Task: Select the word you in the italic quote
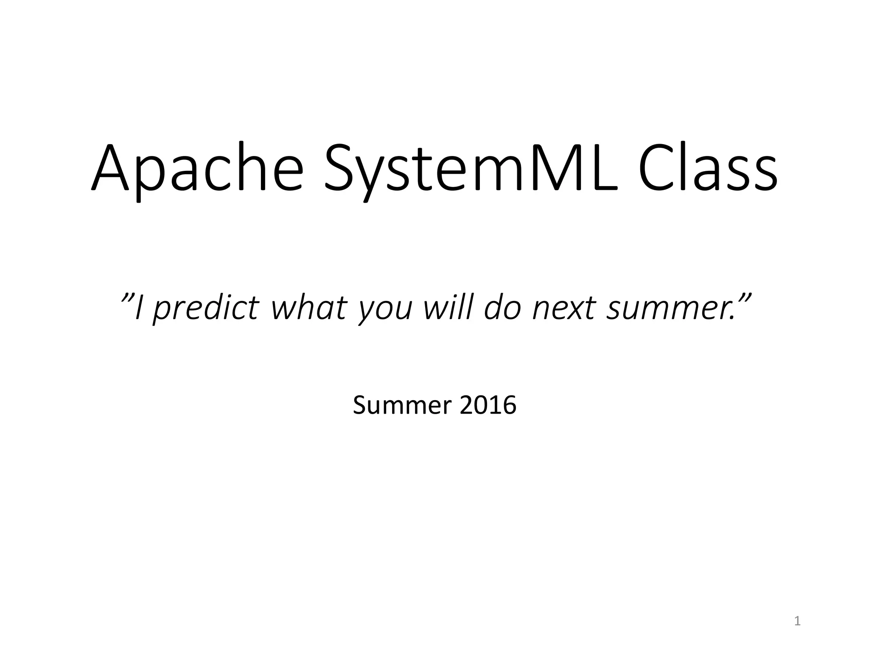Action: (384, 312)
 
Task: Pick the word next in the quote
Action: (565, 308)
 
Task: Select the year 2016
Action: (488, 405)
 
